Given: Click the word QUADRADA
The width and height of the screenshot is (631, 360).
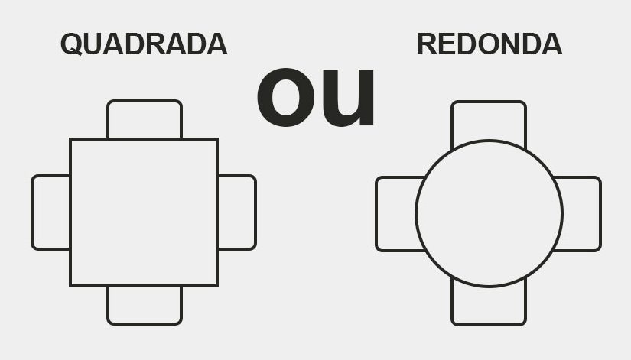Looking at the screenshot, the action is (x=144, y=44).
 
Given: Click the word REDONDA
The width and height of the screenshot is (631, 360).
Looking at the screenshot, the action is (x=490, y=44).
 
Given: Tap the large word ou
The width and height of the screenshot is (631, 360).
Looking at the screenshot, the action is (x=316, y=97).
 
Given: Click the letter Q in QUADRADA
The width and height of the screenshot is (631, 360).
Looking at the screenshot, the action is (x=72, y=44).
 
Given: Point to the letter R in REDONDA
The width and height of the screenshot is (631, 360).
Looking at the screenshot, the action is (x=427, y=44).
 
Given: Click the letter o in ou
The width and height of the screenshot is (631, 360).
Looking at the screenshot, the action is (x=285, y=98).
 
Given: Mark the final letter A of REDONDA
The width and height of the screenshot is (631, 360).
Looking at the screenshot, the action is (x=551, y=44).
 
